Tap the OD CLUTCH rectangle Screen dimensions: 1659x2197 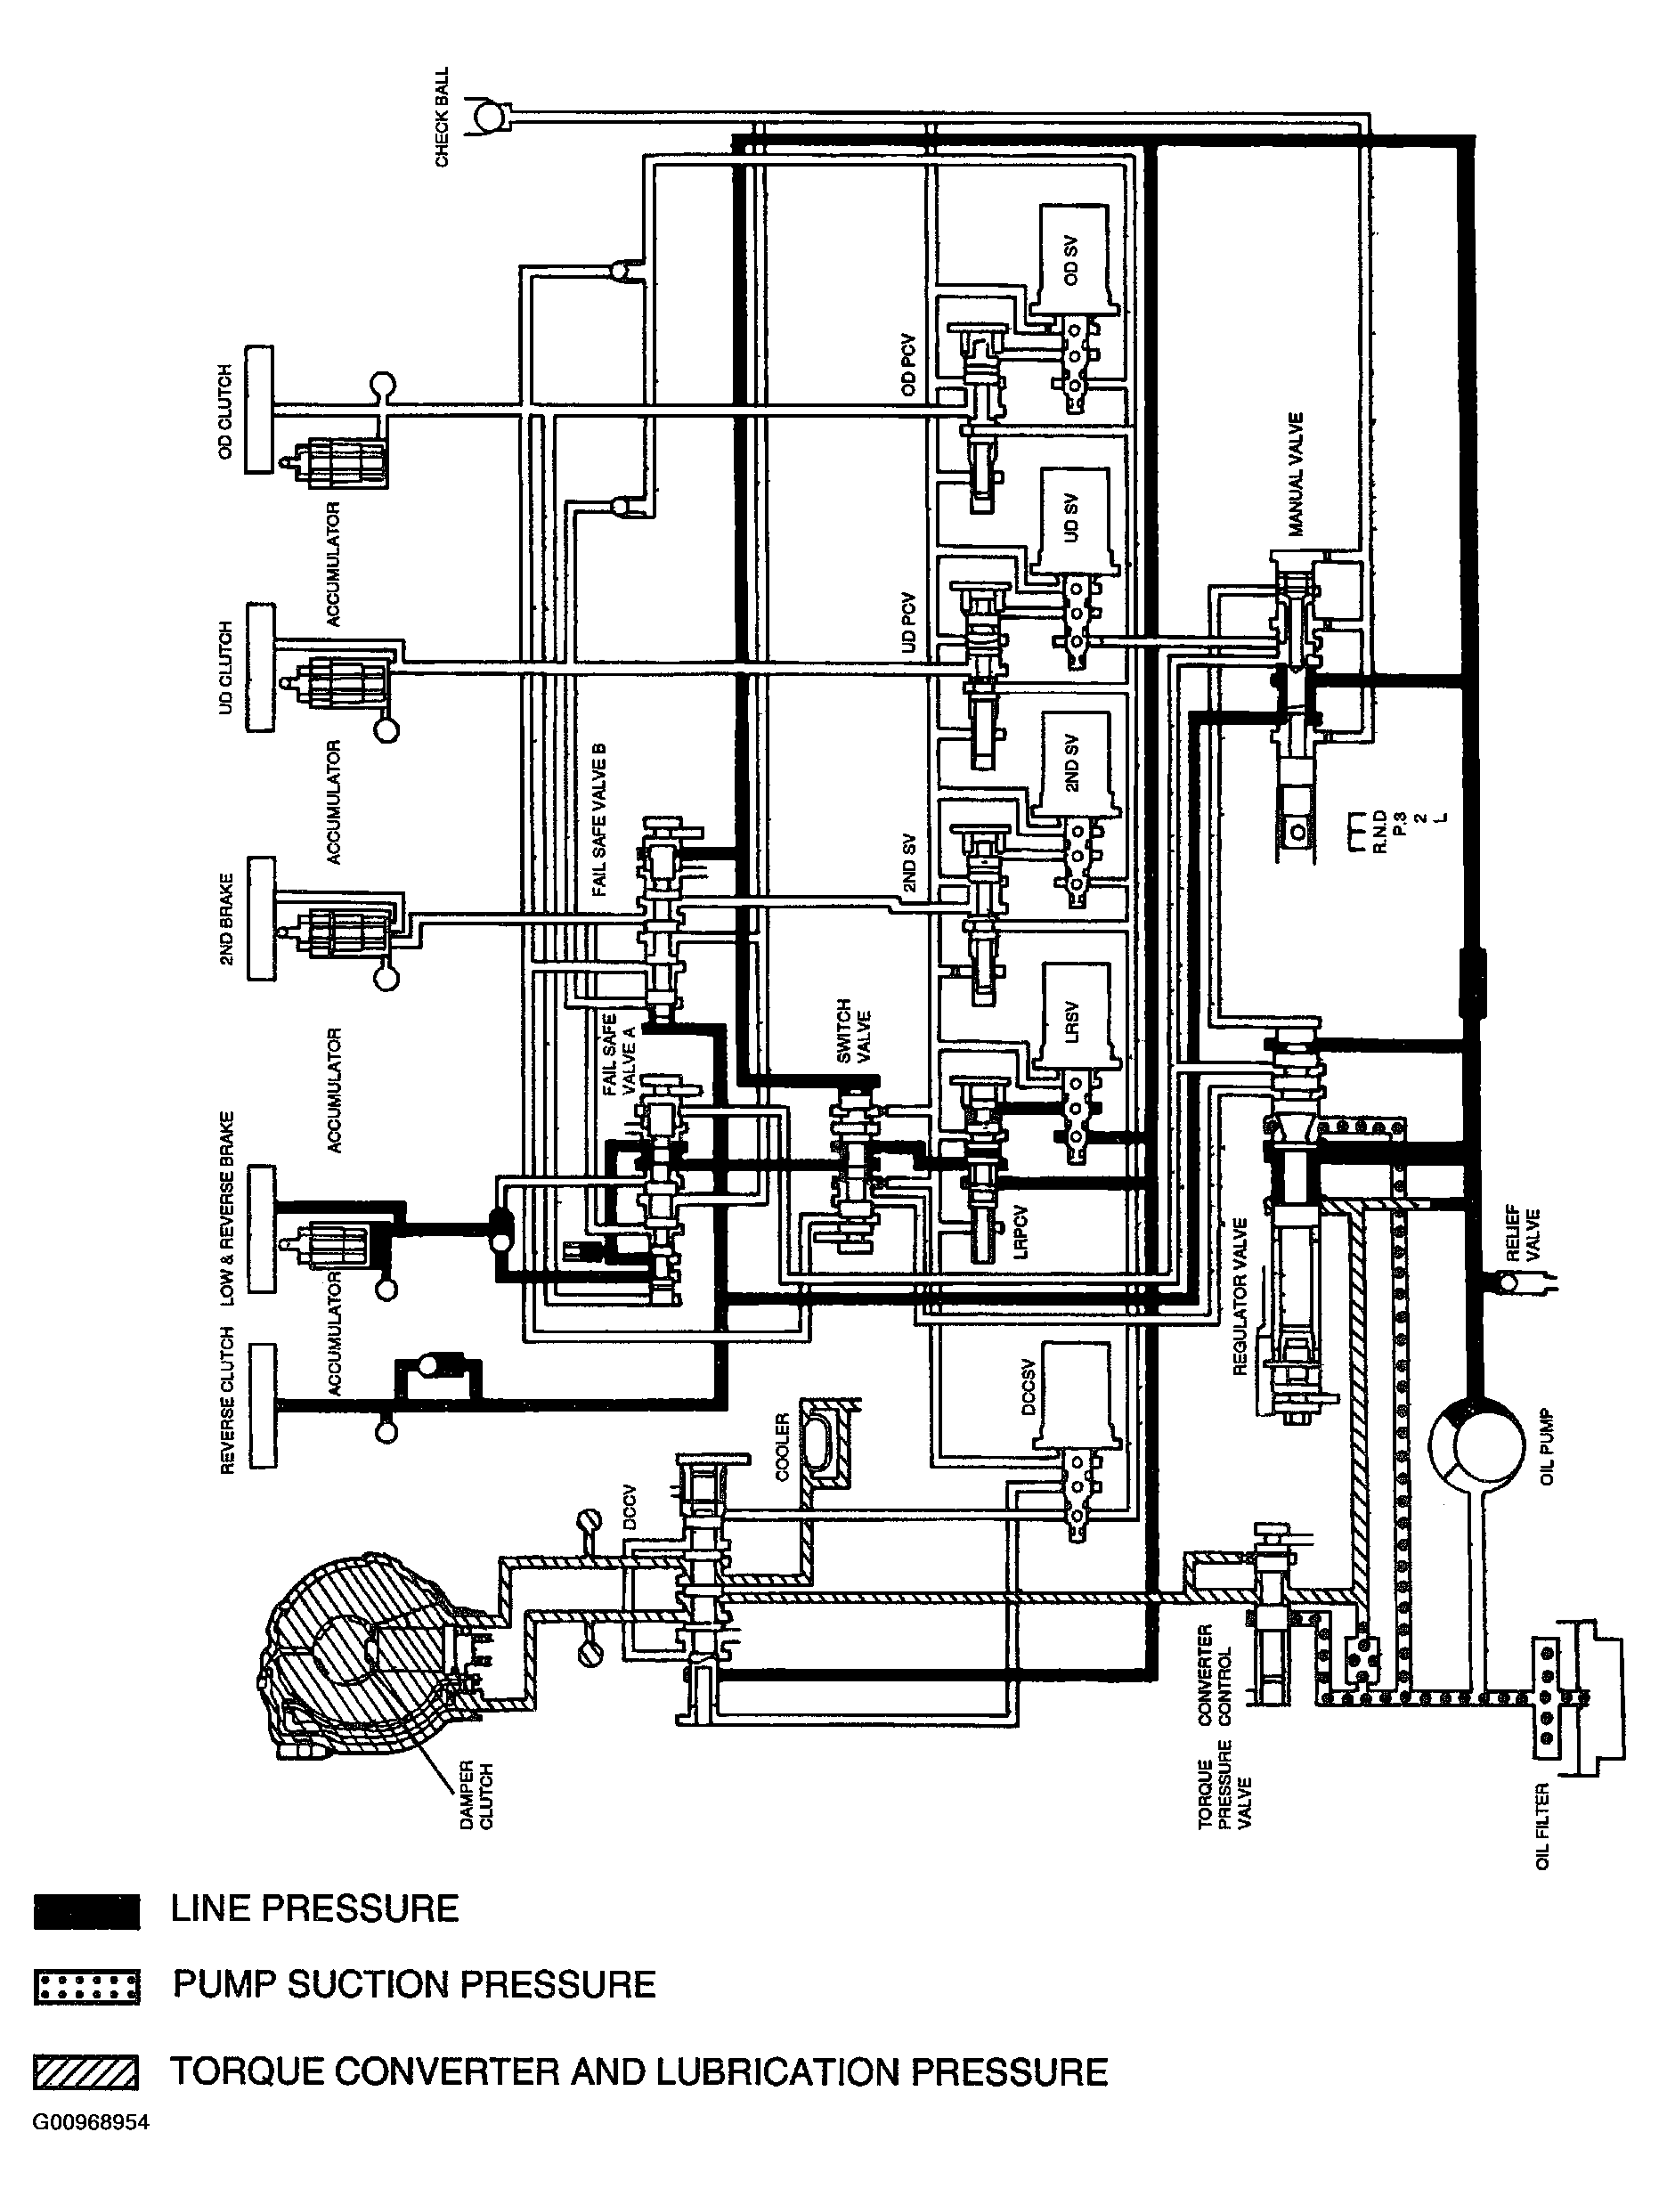258,409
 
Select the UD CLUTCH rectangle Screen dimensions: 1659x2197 259,667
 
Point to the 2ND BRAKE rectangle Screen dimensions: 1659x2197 261,919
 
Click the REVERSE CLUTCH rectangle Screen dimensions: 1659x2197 264,1406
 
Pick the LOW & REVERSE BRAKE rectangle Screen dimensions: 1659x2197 263,1230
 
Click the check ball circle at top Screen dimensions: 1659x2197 489,118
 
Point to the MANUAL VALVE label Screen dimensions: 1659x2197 1296,475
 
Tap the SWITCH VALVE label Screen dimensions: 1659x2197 853,1031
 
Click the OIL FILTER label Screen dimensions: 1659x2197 1541,1826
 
